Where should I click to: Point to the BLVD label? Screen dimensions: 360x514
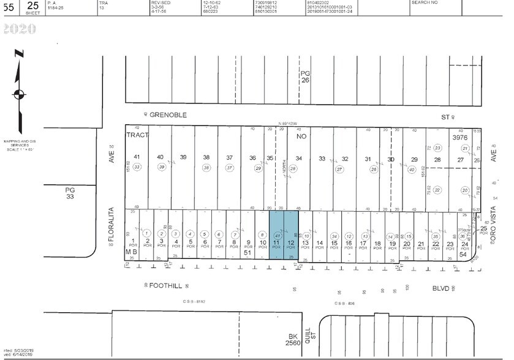point(440,288)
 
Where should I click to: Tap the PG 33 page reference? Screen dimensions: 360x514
point(70,194)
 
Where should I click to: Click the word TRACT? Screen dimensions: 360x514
point(138,135)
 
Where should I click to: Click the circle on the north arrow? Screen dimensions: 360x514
point(19,94)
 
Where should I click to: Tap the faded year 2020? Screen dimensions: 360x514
point(20,29)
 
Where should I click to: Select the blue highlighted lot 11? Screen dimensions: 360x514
point(277,244)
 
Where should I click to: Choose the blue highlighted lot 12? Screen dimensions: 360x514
point(291,244)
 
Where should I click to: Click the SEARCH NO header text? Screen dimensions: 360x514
point(424,3)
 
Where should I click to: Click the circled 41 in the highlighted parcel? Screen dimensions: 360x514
point(277,236)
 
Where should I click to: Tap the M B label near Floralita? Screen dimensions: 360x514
point(132,252)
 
